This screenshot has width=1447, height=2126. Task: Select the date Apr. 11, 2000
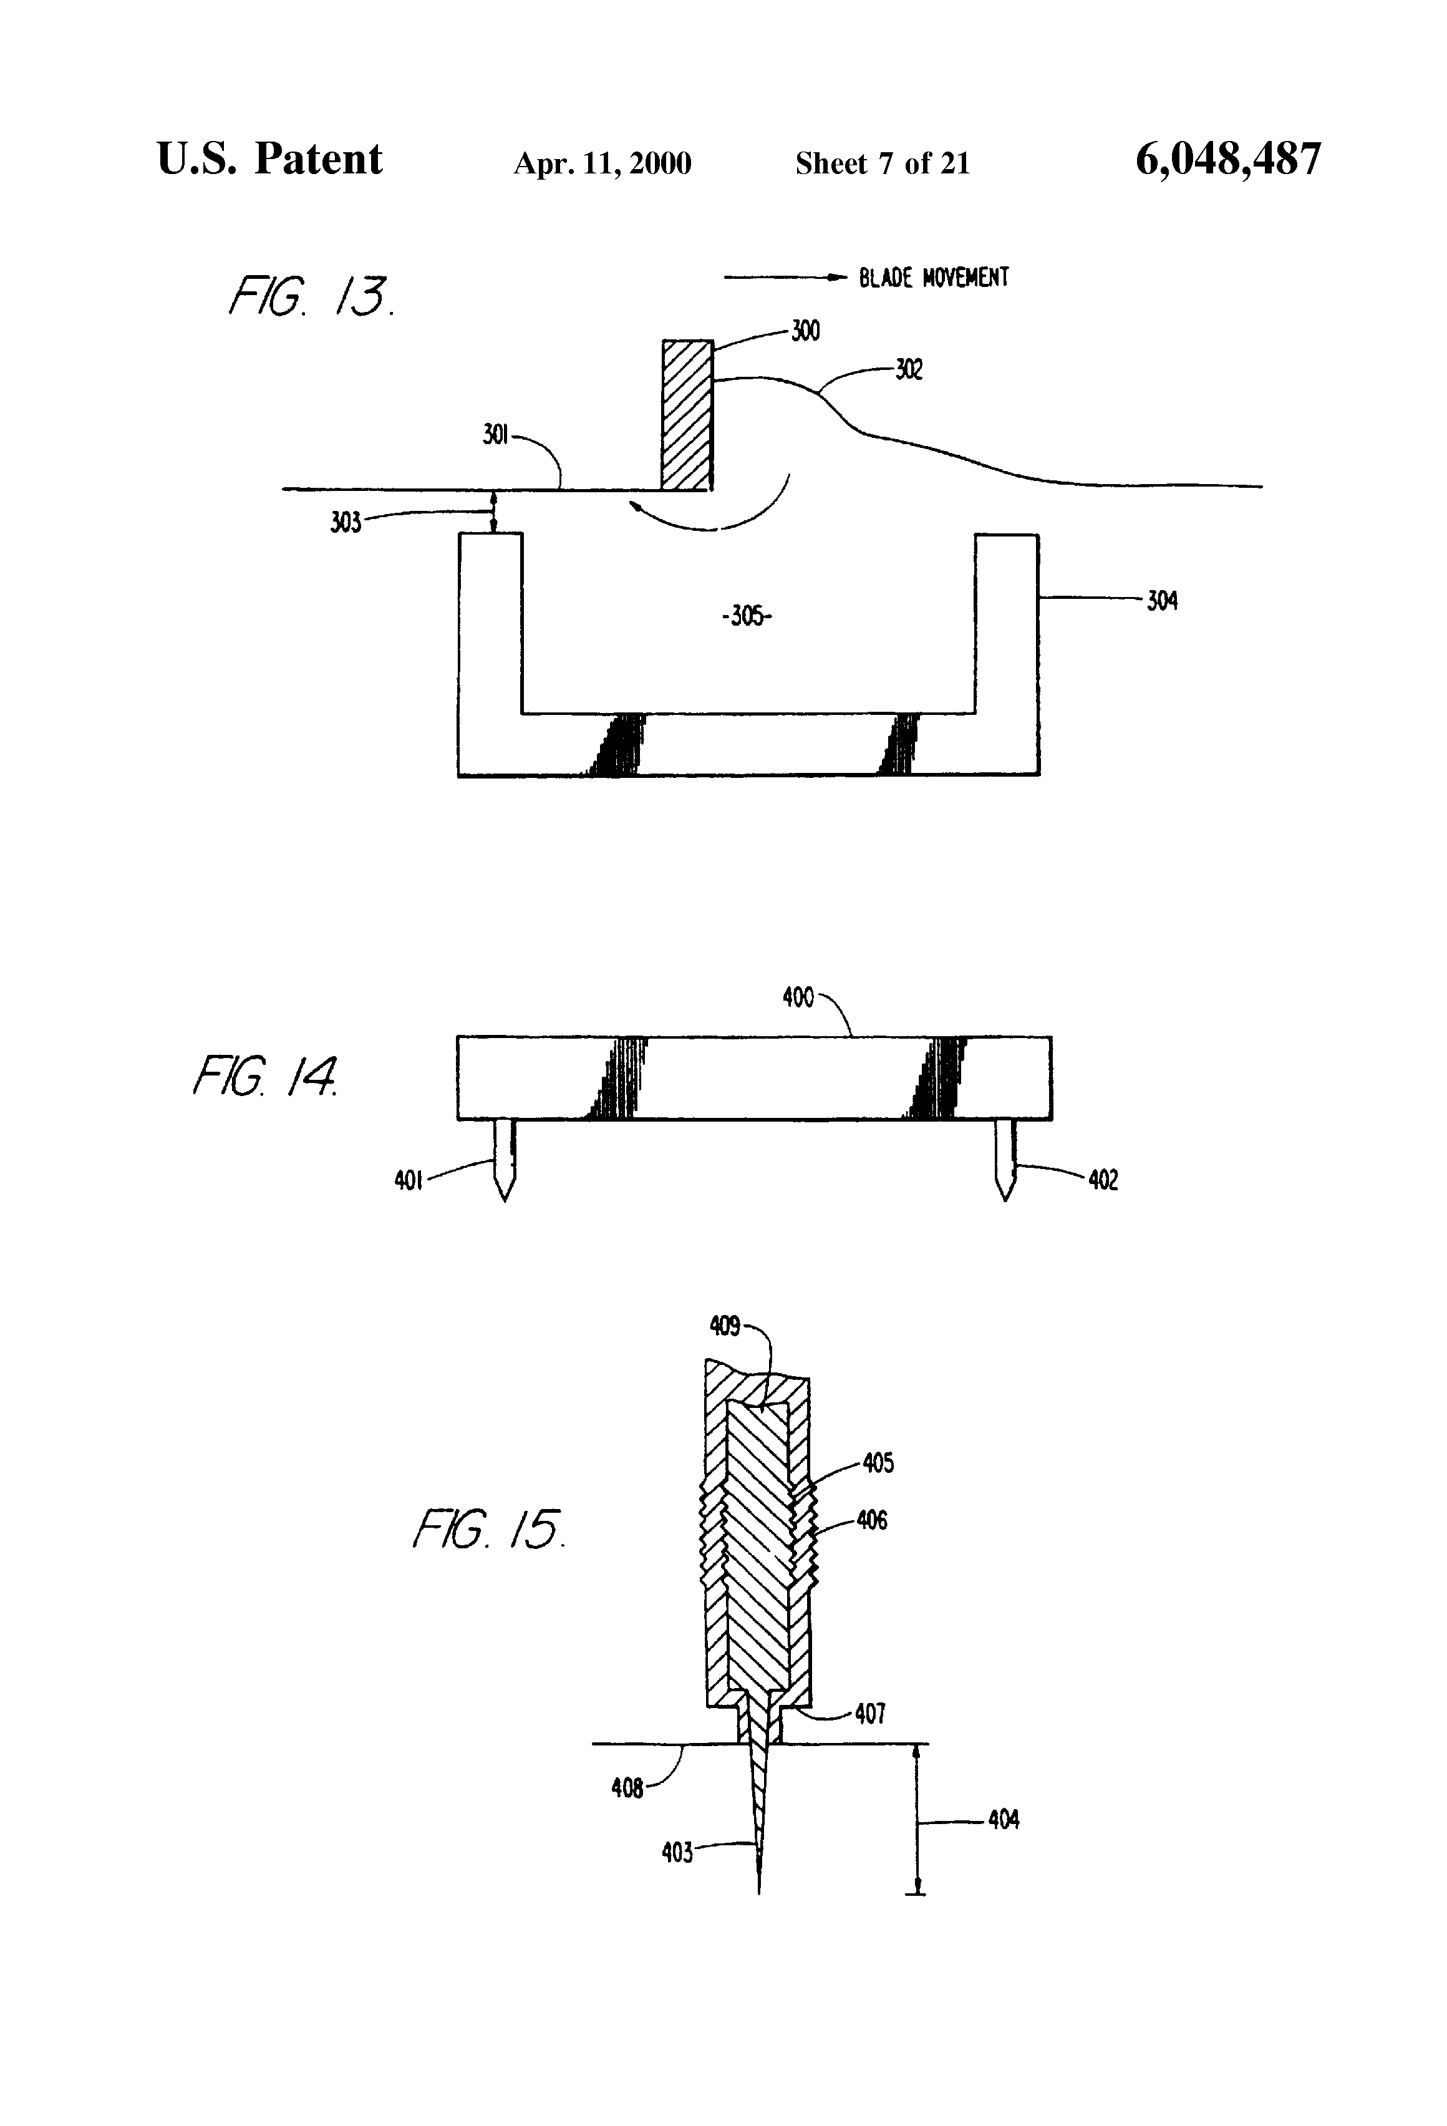(x=602, y=163)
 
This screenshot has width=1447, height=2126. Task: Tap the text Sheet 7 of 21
(x=882, y=163)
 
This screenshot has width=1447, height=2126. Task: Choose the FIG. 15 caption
(x=488, y=1528)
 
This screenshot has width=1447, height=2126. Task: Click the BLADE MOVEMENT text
(x=933, y=277)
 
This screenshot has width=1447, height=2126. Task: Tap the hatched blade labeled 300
(x=687, y=414)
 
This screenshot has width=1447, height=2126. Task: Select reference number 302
(x=908, y=369)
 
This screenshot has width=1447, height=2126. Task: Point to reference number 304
(x=1161, y=601)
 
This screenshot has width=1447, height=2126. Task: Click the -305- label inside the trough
(x=747, y=616)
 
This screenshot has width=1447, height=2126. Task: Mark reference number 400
(x=798, y=996)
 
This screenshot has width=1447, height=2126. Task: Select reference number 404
(x=1004, y=1820)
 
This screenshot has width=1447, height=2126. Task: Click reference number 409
(x=724, y=1326)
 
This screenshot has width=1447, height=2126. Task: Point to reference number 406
(x=872, y=1520)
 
